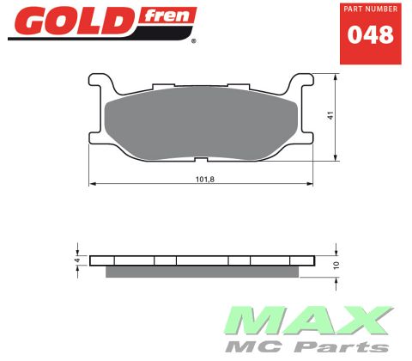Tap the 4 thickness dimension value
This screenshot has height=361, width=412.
77,260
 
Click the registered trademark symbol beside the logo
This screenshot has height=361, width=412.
192,40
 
